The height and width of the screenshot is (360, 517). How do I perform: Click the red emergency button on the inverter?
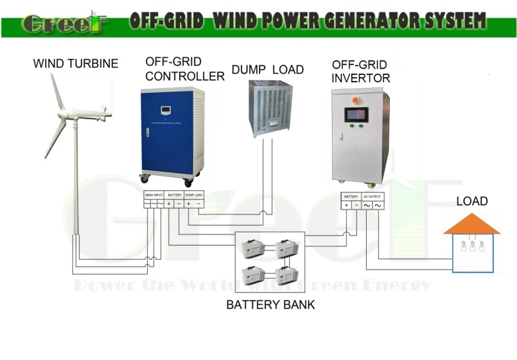355,99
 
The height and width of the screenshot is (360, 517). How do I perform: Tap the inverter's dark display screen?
356,116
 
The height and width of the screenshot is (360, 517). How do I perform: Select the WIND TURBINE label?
76,64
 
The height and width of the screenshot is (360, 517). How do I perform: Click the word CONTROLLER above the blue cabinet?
185,76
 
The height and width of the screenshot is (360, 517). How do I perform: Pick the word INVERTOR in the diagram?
360,78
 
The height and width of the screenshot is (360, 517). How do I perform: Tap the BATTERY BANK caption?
270,305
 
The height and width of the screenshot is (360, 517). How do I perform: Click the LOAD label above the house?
472,201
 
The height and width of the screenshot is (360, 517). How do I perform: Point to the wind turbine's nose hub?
109,114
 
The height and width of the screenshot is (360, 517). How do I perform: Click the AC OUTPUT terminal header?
372,196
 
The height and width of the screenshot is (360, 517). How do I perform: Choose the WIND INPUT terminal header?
154,194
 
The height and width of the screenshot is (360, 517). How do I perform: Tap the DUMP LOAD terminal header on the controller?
194,194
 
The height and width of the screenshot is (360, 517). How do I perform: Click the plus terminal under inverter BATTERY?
346,205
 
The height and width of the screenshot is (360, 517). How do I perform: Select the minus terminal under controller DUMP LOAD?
198,204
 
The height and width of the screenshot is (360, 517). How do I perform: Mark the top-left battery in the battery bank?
250,248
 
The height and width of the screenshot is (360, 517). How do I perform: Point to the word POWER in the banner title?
288,22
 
